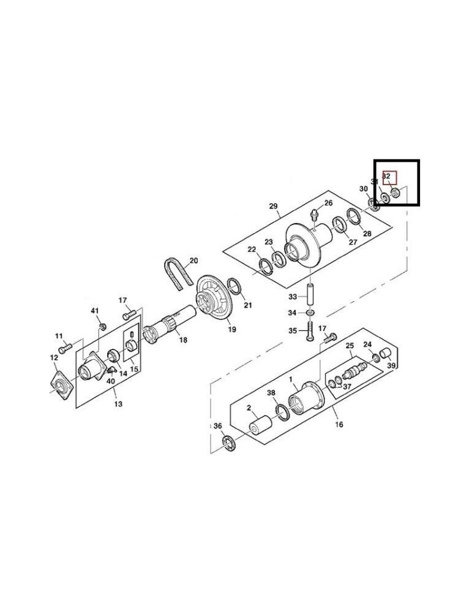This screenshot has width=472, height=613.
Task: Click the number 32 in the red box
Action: (387, 176)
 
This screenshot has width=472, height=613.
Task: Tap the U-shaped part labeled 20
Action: (175, 273)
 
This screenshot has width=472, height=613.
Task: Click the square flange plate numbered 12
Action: (61, 384)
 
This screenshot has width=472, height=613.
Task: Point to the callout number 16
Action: (339, 424)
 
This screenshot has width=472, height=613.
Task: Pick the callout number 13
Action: (118, 404)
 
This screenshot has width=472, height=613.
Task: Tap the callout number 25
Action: (350, 346)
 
